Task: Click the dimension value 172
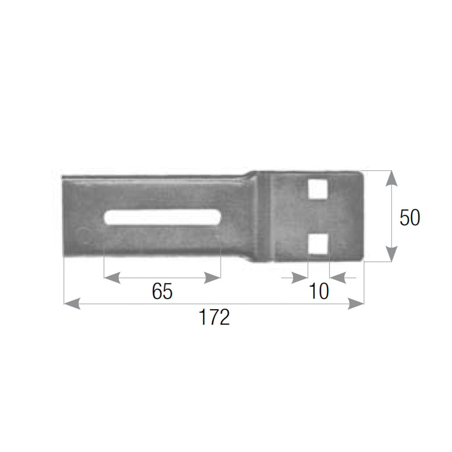point(214,317)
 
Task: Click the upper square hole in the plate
point(318,189)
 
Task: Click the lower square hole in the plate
point(318,244)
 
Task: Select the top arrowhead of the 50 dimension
point(391,178)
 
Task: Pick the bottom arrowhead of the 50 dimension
point(391,254)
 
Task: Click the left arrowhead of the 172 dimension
point(72,304)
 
